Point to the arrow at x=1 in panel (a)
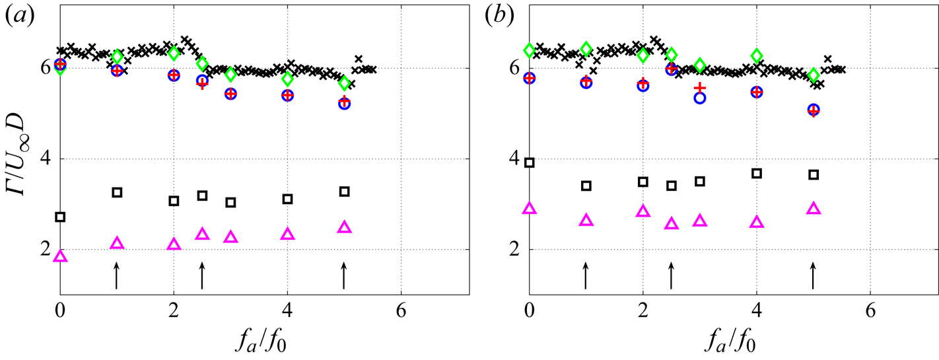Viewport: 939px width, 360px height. click(117, 275)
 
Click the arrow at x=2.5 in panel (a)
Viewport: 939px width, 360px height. click(202, 275)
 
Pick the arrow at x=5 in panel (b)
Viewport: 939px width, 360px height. click(813, 275)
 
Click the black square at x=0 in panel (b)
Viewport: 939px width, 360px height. click(529, 162)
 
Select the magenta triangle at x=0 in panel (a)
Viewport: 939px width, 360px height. click(60, 256)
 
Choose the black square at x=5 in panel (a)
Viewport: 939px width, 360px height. click(343, 192)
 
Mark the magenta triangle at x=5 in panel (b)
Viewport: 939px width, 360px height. click(814, 209)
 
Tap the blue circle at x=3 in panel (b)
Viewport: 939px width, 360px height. click(700, 98)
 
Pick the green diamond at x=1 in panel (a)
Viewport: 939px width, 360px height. click(117, 57)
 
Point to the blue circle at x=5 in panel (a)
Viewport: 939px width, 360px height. click(343, 104)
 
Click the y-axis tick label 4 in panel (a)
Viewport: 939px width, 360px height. click(48, 159)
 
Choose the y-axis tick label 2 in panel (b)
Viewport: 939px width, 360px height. click(516, 250)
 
